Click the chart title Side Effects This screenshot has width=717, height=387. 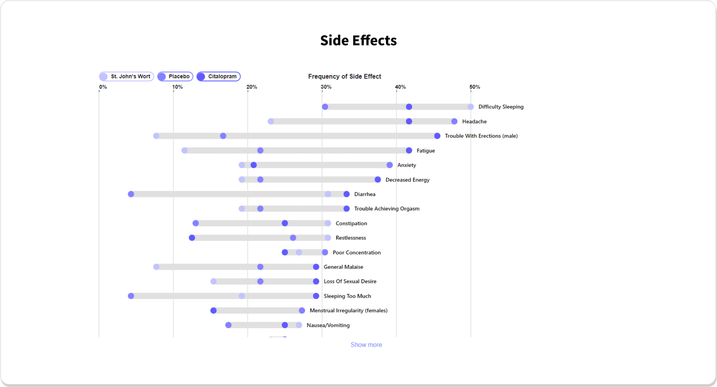[x=358, y=40]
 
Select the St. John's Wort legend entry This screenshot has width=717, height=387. [x=127, y=77]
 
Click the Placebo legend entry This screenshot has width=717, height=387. [x=175, y=77]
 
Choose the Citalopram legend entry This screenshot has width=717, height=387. [x=218, y=77]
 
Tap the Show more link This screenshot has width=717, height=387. [x=366, y=345]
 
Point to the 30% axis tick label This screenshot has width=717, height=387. [x=326, y=87]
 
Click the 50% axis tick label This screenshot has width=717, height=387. [x=475, y=87]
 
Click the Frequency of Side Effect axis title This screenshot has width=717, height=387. [x=344, y=76]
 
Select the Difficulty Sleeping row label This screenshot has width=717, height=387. [x=501, y=107]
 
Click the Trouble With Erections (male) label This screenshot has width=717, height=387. [x=481, y=136]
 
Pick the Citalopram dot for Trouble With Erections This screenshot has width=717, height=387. [x=437, y=136]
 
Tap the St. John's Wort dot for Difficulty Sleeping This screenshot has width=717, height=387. [x=471, y=107]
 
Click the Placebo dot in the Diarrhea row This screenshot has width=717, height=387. [x=131, y=194]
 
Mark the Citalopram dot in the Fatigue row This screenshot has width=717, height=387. [x=409, y=150]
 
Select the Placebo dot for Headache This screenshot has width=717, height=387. [x=454, y=122]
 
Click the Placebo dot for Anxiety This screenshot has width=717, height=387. [x=389, y=165]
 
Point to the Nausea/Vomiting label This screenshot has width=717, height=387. [x=328, y=325]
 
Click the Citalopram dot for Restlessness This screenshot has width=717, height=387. [x=192, y=238]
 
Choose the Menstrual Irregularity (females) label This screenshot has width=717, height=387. [x=348, y=311]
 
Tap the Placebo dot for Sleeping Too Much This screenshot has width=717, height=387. [x=131, y=296]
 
